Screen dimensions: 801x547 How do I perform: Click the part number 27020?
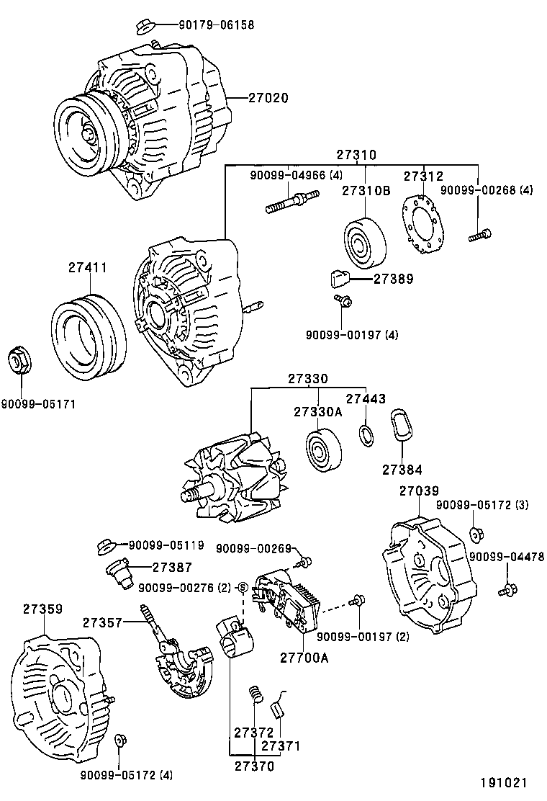pos(268,97)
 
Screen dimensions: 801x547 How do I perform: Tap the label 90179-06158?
pos(217,25)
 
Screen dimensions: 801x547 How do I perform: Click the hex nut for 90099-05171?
pos(19,359)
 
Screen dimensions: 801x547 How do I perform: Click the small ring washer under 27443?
pos(366,434)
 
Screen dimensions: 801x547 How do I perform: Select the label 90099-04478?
pos(507,556)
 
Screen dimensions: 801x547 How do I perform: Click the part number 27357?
pos(103,622)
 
